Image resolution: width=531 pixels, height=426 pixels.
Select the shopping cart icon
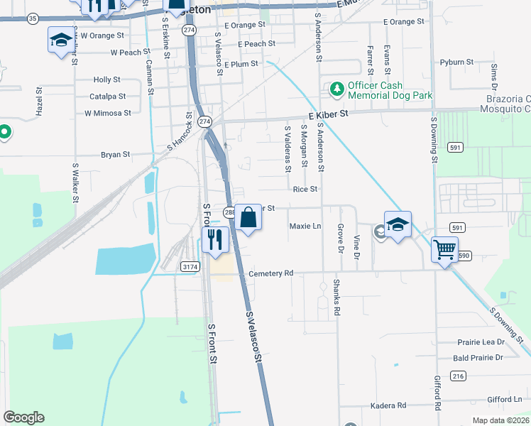[x=444, y=248]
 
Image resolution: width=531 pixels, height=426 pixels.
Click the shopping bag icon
[x=248, y=217]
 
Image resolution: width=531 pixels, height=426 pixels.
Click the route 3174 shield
[x=190, y=266]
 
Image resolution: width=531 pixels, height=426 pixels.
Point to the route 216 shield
[x=458, y=376]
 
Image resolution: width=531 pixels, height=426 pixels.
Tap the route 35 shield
[x=33, y=19]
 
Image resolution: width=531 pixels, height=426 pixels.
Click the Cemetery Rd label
[x=270, y=273]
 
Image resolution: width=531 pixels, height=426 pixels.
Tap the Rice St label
[x=305, y=190]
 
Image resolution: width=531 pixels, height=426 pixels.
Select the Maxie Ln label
[x=305, y=226]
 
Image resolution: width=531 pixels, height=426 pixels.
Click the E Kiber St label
[x=329, y=114]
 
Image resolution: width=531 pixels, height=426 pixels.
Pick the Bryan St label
[x=115, y=154]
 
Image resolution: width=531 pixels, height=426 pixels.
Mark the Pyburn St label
[x=456, y=62]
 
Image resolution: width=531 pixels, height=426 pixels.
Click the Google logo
[x=23, y=417]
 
